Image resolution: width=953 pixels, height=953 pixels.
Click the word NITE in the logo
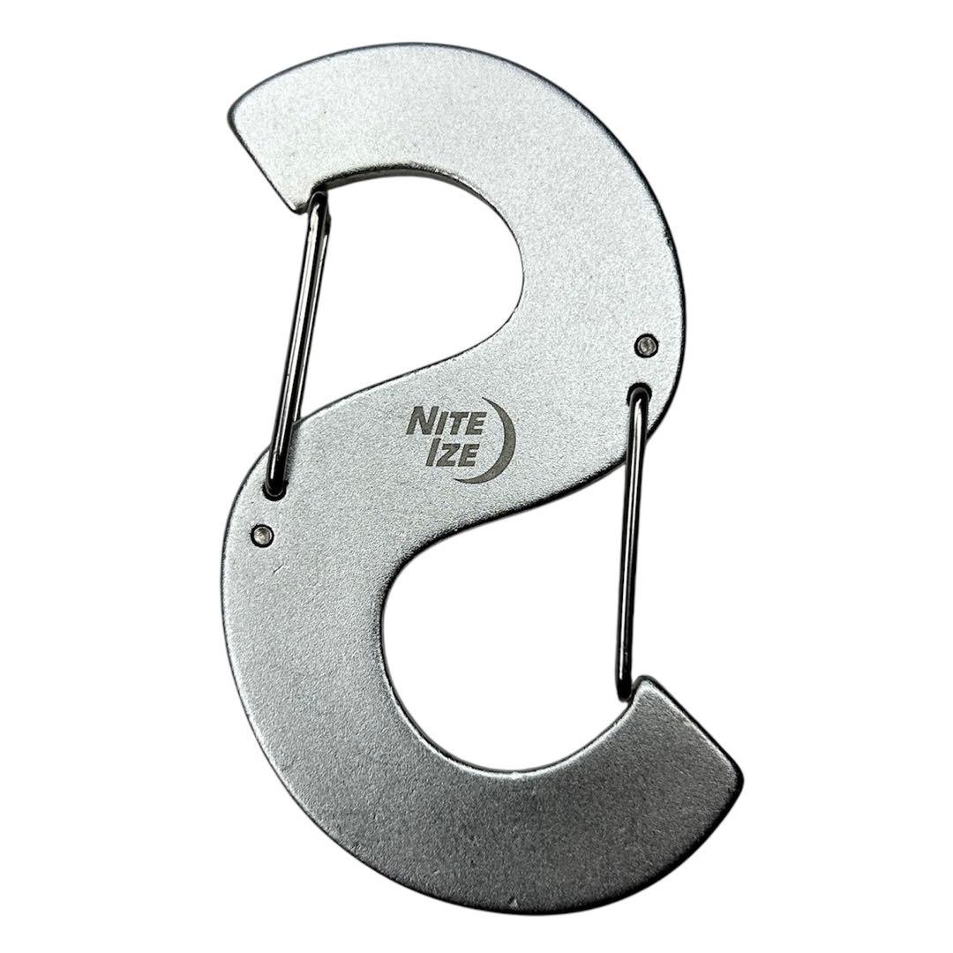click(446, 422)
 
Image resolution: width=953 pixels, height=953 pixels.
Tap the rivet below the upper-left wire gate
click(262, 533)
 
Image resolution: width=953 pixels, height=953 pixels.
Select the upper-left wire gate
click(298, 344)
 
